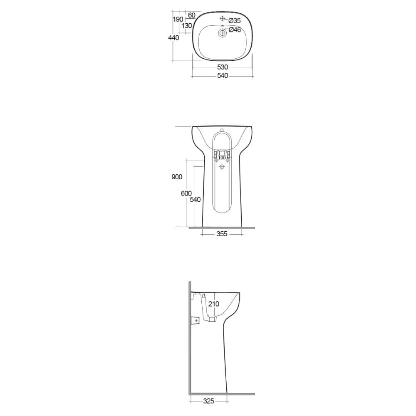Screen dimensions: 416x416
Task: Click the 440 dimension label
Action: point(173,38)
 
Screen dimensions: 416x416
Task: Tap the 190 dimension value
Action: point(178,20)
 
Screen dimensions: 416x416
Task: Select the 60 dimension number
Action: point(191,15)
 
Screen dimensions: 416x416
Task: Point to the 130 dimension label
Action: point(187,26)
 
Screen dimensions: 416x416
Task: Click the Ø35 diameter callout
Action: point(234,20)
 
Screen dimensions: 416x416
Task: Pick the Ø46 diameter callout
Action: point(235,30)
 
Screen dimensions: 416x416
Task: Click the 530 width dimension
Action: point(222,67)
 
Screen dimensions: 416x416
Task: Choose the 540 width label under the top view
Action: point(222,76)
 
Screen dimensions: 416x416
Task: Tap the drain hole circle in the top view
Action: point(222,33)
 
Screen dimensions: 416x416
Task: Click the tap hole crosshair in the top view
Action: point(222,18)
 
